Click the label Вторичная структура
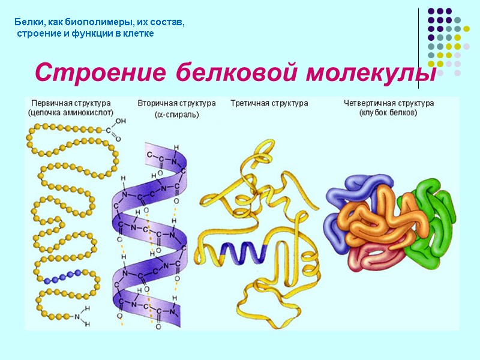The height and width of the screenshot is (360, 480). (176, 103)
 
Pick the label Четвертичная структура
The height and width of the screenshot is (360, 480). (388, 103)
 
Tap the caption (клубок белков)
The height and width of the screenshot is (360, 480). (388, 112)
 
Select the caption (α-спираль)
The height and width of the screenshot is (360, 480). (176, 114)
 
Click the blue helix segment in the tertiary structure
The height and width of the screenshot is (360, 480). (242, 253)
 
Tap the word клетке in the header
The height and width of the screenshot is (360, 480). (141, 34)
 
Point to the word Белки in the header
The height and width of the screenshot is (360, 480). (28, 22)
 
